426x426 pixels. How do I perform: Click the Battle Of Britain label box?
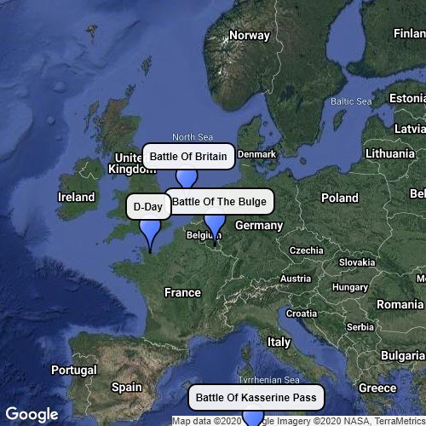coord(188,157)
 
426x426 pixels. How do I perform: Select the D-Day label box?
coord(148,207)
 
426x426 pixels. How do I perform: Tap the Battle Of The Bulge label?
coord(220,202)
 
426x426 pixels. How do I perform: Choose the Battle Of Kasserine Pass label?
coord(256,397)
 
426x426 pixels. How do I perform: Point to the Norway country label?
coord(249,36)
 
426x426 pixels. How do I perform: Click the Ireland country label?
coord(76,197)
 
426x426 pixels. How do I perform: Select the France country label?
coord(182,292)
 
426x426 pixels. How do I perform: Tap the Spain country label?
coord(127,387)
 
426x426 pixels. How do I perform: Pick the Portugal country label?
coord(73,371)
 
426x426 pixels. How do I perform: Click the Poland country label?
coord(340,198)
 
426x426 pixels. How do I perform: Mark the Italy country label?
coord(279,342)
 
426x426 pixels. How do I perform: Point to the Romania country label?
coord(400,304)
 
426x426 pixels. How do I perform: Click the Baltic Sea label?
coord(352,101)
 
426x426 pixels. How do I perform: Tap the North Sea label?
coord(193,137)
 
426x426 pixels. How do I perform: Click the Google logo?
coord(33,414)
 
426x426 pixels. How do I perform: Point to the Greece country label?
coord(377,388)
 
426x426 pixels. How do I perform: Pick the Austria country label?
coord(296,279)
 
